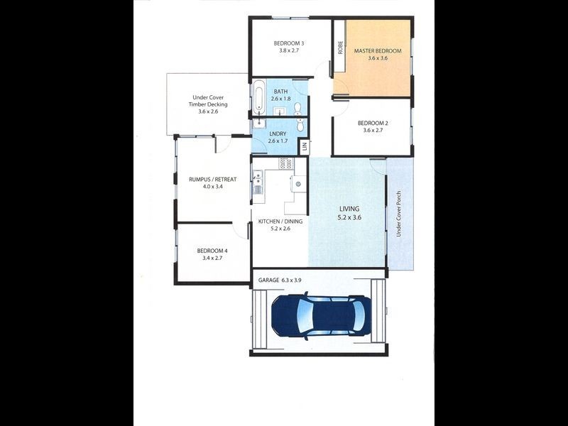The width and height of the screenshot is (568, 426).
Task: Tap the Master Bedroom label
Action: pos(375,51)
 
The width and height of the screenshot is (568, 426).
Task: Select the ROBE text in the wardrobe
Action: pos(340,48)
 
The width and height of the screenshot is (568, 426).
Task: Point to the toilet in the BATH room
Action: pos(297,108)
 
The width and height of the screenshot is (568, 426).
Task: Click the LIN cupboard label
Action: pos(303,146)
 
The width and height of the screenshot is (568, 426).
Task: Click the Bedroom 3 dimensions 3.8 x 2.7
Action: pos(289,52)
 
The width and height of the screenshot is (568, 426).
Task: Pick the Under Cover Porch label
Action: pos(399,213)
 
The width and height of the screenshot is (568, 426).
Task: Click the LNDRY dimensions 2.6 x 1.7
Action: pos(278,141)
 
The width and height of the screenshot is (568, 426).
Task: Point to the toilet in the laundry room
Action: pos(300,125)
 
